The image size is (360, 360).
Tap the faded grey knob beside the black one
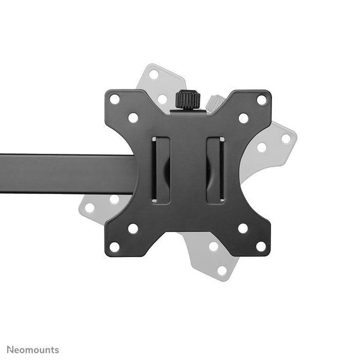click(x=215, y=101)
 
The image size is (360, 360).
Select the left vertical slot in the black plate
click(x=161, y=170)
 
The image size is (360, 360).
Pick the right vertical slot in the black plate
click(x=215, y=170)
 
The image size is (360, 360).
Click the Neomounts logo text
click(x=33, y=350)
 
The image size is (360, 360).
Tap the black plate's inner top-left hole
click(x=133, y=118)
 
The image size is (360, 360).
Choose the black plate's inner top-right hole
click(x=243, y=118)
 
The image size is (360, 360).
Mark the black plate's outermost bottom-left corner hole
click(x=115, y=247)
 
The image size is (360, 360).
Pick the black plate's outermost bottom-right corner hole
click(x=262, y=246)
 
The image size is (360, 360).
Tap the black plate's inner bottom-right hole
click(x=243, y=228)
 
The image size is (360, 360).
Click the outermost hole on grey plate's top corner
click(x=154, y=75)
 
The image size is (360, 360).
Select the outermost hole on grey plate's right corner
click(x=286, y=138)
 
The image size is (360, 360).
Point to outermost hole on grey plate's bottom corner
click(x=222, y=270)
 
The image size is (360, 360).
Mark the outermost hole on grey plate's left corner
click(x=90, y=208)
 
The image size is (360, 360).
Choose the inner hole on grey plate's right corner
click(x=262, y=147)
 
